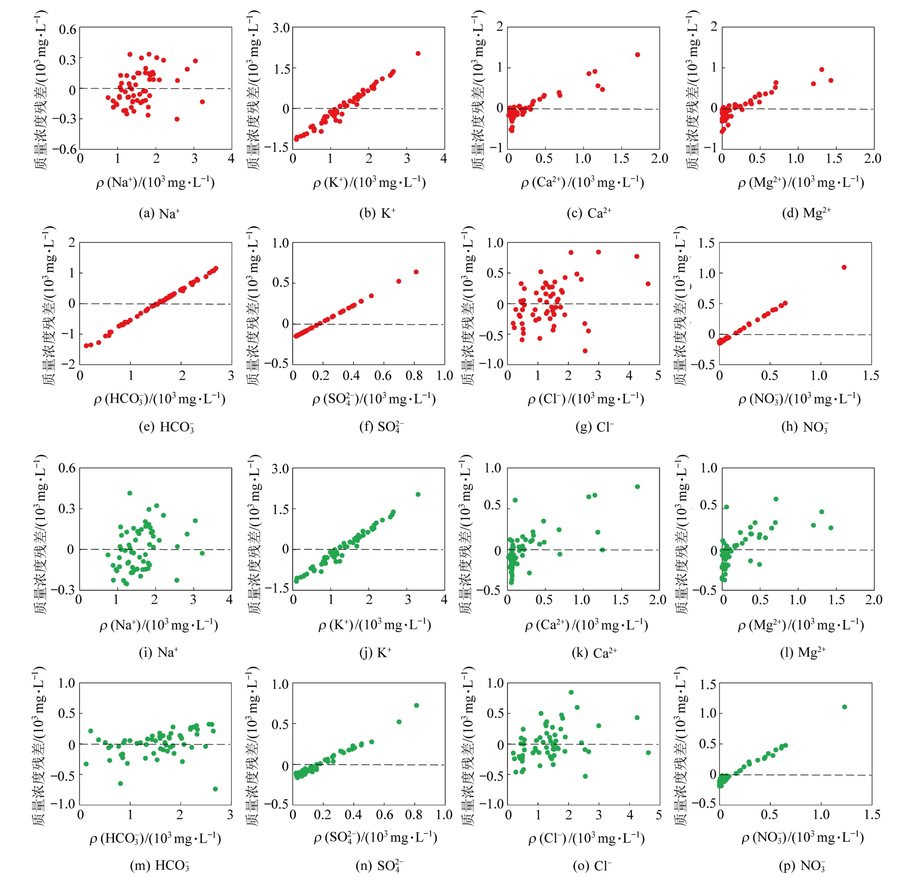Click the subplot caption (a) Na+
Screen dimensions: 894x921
(x=159, y=213)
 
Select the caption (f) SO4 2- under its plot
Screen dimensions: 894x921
(x=381, y=427)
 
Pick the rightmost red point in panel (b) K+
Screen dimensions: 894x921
(x=418, y=54)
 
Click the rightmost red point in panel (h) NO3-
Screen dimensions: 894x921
(x=844, y=267)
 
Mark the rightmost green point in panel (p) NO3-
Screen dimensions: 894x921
(x=844, y=707)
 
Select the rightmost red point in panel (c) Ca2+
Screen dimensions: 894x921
(x=638, y=55)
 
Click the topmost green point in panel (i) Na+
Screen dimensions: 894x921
(x=130, y=493)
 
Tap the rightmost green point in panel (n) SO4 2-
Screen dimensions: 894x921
(x=416, y=706)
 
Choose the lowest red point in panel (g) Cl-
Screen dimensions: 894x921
(x=585, y=351)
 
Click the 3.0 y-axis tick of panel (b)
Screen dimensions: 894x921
(x=281, y=28)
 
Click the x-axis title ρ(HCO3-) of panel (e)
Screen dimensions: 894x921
(x=159, y=399)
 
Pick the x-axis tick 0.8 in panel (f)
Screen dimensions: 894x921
(x=414, y=376)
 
